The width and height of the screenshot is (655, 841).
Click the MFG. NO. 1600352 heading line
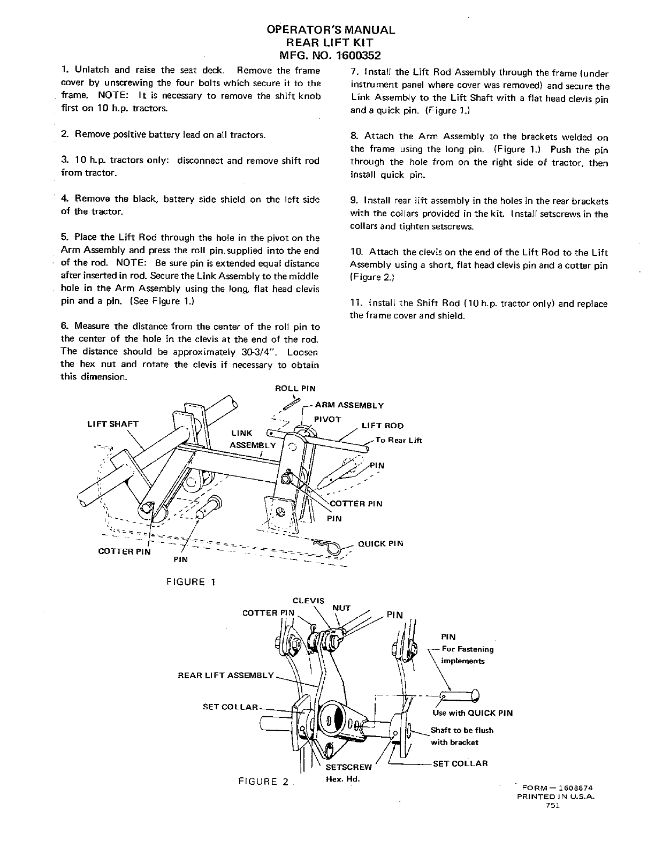tap(331, 55)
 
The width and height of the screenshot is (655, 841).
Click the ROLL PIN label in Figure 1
tap(295, 389)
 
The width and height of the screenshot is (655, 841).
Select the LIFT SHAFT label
tap(113, 424)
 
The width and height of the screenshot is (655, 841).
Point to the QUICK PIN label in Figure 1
tap(380, 543)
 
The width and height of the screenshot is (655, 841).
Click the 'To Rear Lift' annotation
tap(399, 440)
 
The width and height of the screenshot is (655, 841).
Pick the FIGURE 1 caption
tap(191, 582)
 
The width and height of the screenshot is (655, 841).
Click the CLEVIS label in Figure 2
tap(309, 601)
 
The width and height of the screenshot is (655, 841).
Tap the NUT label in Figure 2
tap(341, 608)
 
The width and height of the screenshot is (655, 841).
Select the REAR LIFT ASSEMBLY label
tap(225, 675)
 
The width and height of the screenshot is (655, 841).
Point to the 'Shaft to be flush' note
tap(462, 730)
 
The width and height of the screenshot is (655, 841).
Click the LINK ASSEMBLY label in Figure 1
tap(252, 439)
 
